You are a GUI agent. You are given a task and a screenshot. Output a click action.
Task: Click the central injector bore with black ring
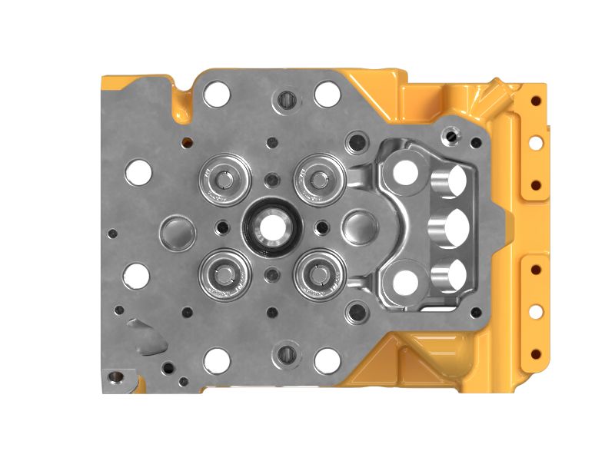coord(271,227)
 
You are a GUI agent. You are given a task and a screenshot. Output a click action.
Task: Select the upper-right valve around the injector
coord(317,180)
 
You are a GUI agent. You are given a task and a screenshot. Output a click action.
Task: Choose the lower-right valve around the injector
coord(317,274)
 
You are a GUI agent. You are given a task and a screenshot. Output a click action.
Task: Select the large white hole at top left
coord(217,94)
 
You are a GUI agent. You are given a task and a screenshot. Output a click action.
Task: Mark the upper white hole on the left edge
coord(138,172)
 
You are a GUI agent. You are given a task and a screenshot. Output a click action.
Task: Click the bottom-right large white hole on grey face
coord(327,360)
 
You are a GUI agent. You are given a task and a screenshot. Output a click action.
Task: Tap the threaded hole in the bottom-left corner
coord(115,376)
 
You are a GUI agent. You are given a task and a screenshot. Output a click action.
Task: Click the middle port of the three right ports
coord(450,227)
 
